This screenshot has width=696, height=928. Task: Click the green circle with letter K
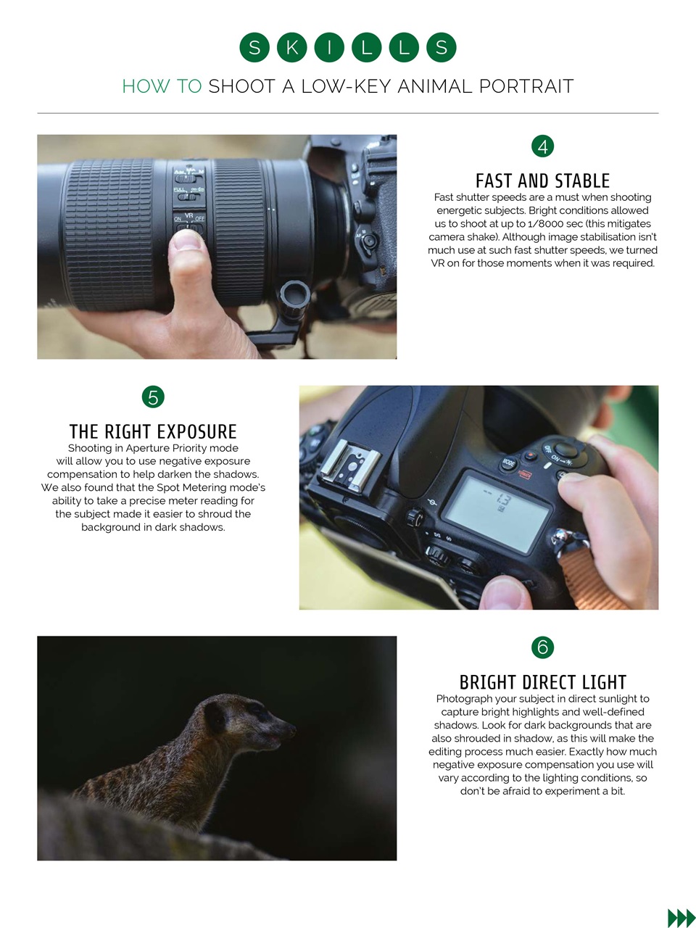(x=291, y=48)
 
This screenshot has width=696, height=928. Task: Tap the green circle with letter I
(x=329, y=48)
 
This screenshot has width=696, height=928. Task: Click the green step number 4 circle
(x=542, y=146)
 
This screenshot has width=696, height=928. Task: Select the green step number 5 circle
(x=153, y=397)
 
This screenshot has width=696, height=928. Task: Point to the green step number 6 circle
(x=542, y=647)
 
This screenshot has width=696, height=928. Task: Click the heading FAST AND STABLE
(x=542, y=181)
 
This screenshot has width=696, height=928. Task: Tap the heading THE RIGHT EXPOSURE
(x=153, y=431)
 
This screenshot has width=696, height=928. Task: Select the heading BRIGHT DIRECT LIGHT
(x=542, y=682)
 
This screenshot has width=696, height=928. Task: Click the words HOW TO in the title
(x=162, y=87)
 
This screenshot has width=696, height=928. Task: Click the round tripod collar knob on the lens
(x=294, y=296)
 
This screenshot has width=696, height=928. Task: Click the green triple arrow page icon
(x=681, y=918)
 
